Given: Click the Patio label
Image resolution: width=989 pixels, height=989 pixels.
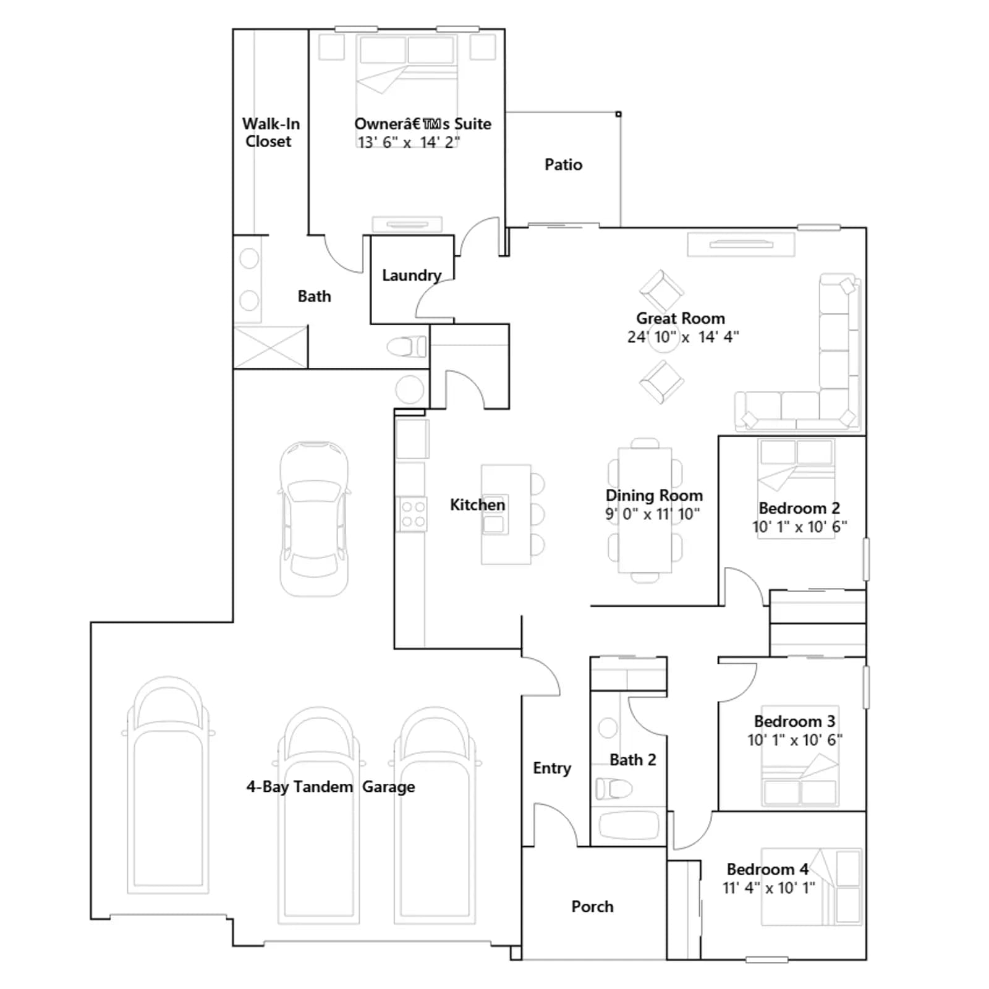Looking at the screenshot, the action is (563, 164).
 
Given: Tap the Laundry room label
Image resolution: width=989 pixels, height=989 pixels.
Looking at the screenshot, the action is (412, 276).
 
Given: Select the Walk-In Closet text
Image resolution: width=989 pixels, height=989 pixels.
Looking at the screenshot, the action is (270, 132).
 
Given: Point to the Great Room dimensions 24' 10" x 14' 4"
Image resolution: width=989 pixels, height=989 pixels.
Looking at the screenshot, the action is (683, 337).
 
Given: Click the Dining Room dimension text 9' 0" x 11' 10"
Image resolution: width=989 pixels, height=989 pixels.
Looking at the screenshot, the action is (653, 514).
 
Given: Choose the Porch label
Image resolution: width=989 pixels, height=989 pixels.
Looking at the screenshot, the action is (592, 906).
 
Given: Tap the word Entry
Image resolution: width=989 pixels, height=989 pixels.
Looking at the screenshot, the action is (552, 768).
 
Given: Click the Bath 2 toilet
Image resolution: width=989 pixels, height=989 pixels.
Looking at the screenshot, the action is (613, 789).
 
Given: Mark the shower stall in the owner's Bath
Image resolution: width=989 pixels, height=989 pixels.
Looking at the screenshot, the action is (271, 347).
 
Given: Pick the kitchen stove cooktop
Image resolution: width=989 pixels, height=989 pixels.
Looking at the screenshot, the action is (412, 514).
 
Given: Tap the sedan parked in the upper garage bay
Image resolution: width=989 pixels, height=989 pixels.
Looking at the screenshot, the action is (314, 519).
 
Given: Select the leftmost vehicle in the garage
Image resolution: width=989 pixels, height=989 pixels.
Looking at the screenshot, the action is (168, 785).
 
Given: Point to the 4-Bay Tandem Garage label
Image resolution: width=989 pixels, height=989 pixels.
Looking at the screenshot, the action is (331, 787).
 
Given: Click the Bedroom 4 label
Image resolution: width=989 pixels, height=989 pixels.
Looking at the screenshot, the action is (767, 869).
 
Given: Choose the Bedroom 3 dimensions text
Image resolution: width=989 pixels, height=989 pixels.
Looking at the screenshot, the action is (795, 740).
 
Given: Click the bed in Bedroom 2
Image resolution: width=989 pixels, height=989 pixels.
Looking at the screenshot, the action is (796, 488).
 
